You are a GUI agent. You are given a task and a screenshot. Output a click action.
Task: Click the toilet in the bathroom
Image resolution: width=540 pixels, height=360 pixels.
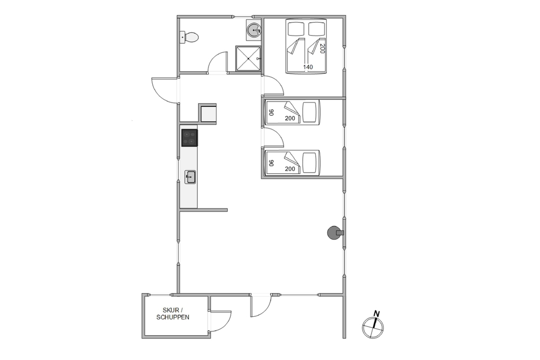click(190, 37)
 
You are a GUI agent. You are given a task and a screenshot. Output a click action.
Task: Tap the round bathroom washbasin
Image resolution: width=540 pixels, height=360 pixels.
click(254, 30)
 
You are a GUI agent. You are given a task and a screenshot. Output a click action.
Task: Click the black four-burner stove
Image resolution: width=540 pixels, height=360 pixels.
click(190, 138)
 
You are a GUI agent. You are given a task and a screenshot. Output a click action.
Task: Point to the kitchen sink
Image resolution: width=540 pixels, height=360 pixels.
click(190, 177)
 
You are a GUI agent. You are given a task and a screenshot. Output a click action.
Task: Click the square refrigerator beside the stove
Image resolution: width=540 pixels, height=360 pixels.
click(208, 113)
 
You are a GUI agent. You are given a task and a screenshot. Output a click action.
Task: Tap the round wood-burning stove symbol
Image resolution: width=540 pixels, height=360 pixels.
click(333, 233)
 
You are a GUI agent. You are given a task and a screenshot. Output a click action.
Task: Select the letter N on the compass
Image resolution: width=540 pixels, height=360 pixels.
click(377, 314)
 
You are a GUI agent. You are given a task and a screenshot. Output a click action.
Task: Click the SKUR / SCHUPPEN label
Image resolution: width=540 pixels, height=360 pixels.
click(173, 314)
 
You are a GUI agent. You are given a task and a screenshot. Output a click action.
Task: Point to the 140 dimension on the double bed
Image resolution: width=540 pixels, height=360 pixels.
click(308, 67)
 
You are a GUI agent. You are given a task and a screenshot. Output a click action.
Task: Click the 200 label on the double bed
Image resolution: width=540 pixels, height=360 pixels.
click(322, 49)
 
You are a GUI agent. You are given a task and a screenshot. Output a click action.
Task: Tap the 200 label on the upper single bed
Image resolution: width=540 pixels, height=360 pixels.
click(290, 118)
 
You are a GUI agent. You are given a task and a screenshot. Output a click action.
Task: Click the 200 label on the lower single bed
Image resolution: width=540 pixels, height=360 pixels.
click(290, 169)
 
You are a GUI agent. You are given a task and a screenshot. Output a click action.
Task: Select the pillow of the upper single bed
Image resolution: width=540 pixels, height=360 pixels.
click(309, 112)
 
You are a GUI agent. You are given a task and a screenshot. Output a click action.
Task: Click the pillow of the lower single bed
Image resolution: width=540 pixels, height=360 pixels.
click(309, 163)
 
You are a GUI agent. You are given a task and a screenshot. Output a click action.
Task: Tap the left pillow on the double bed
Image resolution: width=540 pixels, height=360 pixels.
click(296, 29)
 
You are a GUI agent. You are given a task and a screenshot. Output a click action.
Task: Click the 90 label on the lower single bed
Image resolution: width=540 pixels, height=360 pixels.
click(272, 163)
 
